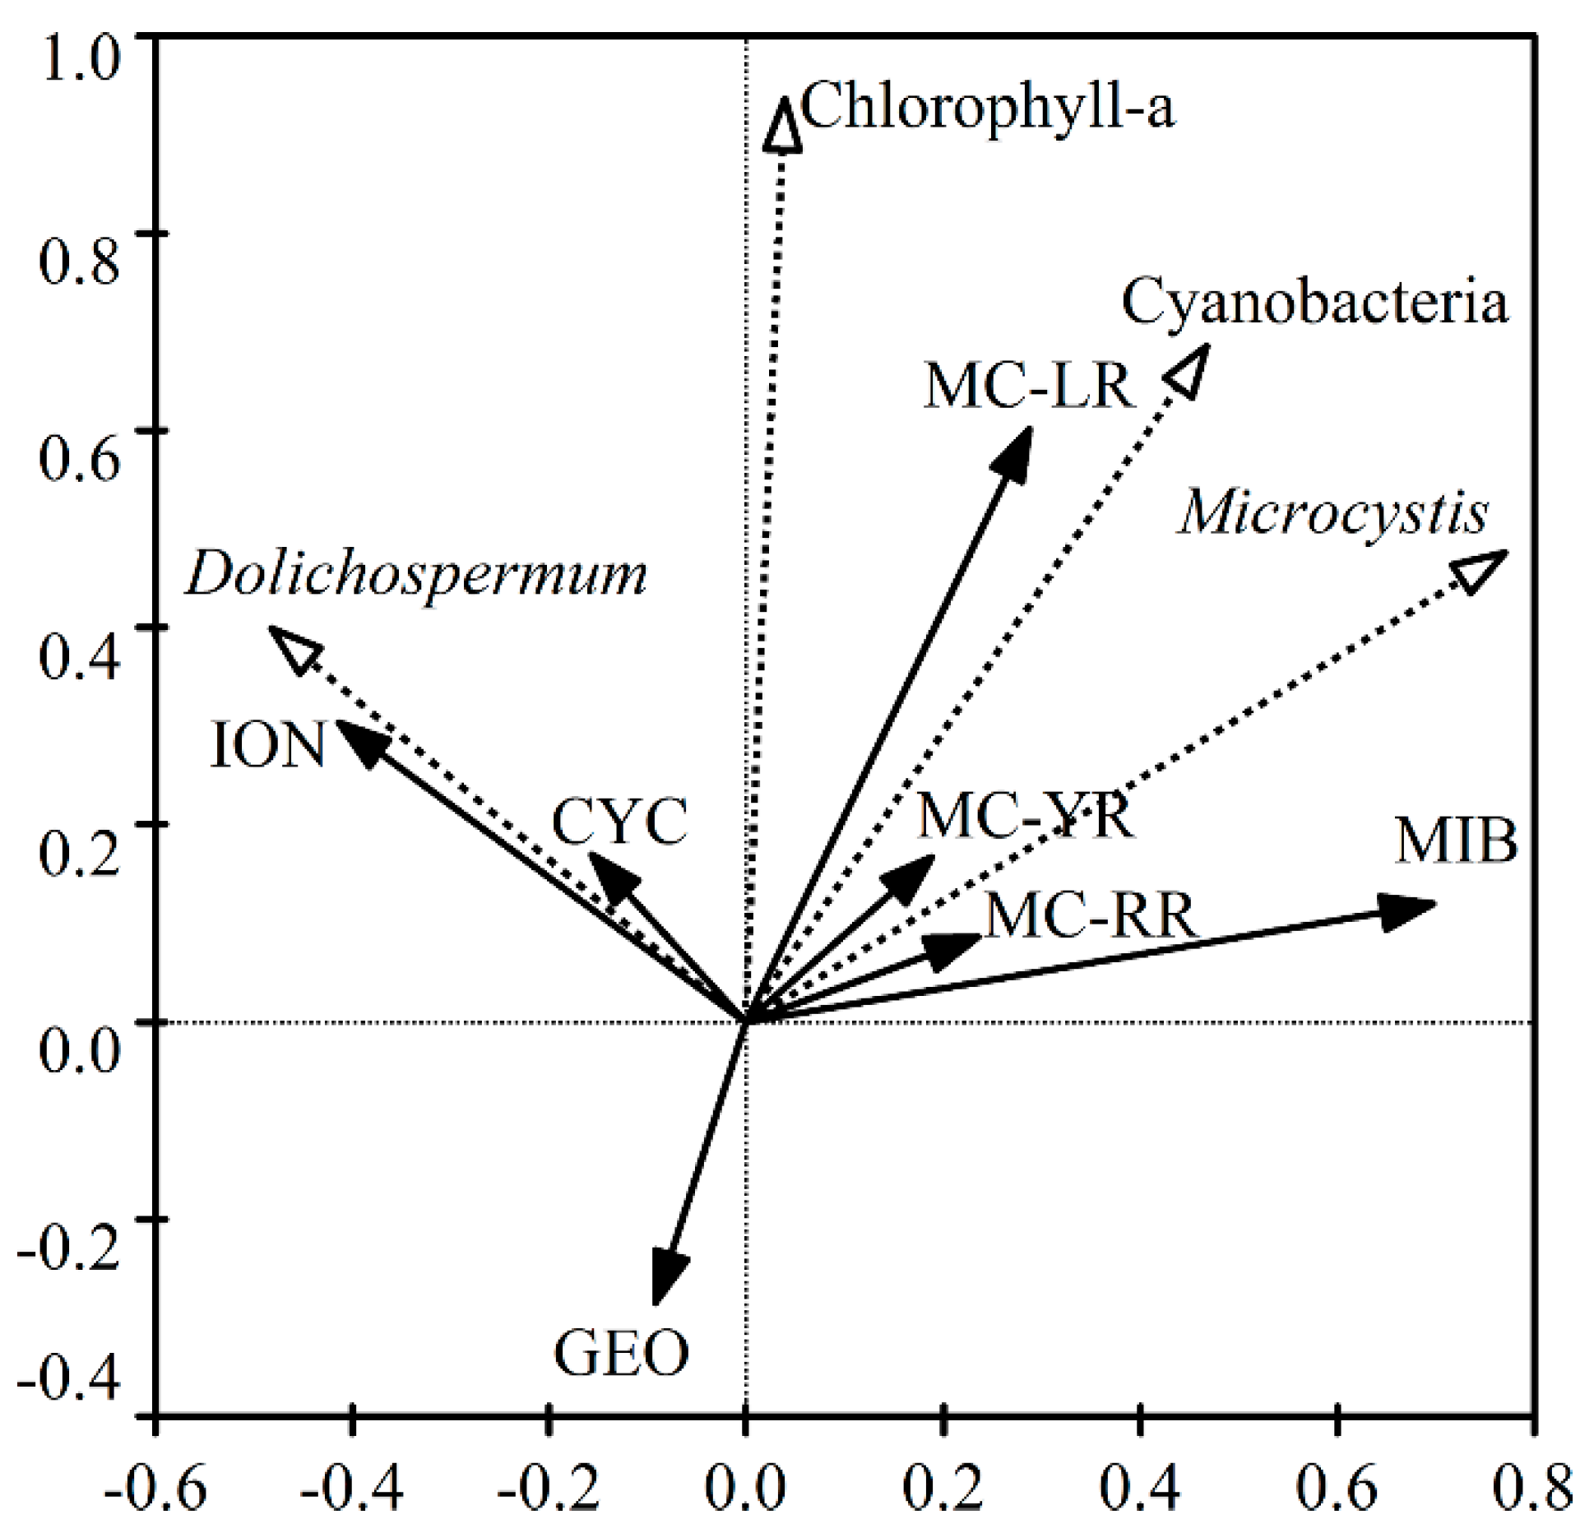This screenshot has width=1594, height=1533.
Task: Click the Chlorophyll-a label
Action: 987,107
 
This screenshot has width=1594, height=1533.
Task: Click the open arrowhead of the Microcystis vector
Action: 1478,569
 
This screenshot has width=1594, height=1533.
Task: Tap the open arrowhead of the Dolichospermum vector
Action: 296,649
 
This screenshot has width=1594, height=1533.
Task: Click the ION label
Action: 268,745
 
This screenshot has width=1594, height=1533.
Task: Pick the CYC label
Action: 619,822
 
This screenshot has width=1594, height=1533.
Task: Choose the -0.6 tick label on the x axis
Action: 154,1487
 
